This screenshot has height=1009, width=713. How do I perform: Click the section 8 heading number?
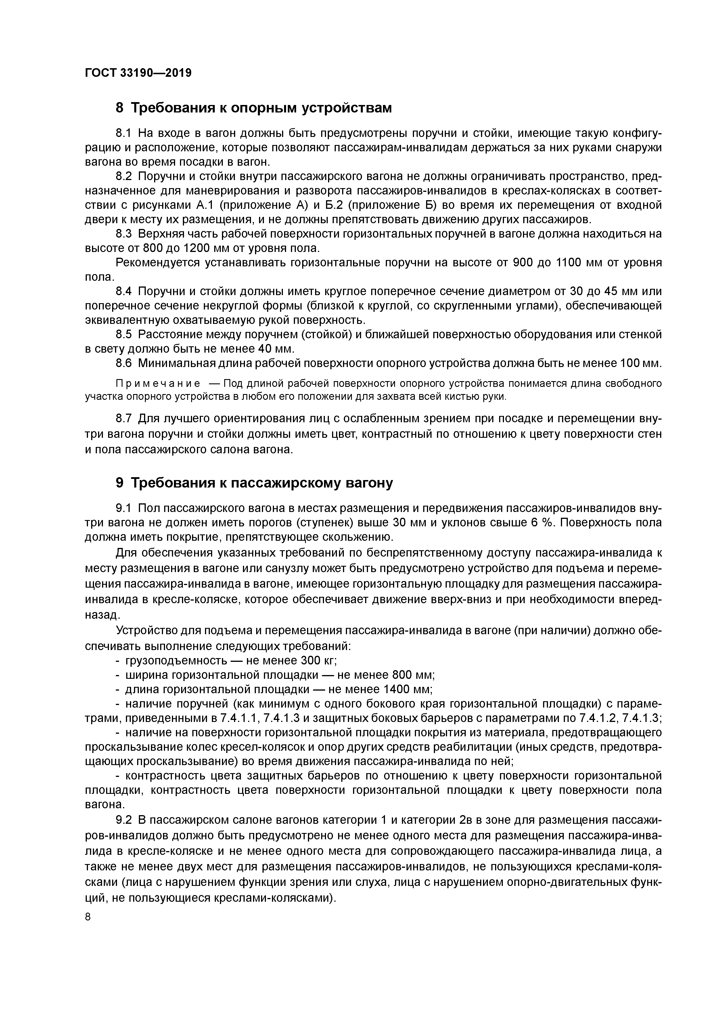[x=120, y=108]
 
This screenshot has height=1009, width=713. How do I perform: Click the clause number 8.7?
[x=124, y=418]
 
